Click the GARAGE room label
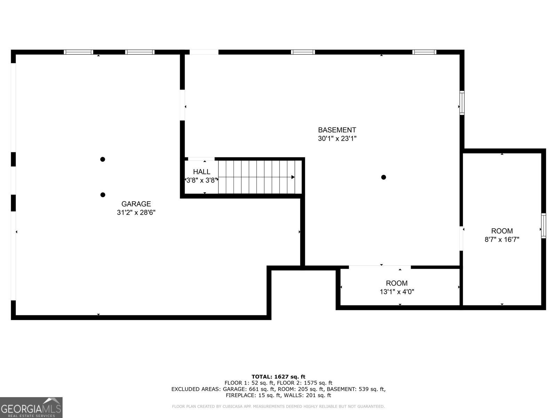tap(136, 204)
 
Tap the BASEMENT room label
tap(337, 130)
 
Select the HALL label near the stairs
tap(202, 172)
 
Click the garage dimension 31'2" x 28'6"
tap(136, 212)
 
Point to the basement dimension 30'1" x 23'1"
tap(337, 139)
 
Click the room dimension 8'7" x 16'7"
tap(502, 240)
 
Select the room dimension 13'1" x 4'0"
tap(397, 292)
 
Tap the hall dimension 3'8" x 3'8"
tap(202, 180)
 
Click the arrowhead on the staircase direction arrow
tap(293, 177)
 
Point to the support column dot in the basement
tap(383, 177)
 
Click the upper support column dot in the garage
tap(102, 160)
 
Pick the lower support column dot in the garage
tap(103, 195)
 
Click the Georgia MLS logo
tap(31, 408)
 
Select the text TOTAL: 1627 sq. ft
tap(278, 377)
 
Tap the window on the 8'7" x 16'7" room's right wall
tap(543, 226)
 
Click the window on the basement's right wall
tap(462, 103)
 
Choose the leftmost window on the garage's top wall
tap(78, 52)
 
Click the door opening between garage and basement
tap(182, 105)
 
